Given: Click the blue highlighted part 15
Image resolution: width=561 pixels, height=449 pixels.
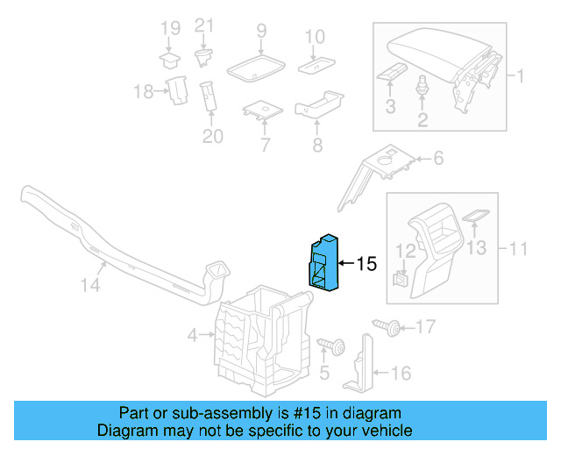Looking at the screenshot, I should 323,261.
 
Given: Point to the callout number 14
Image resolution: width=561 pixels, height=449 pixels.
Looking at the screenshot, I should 91,285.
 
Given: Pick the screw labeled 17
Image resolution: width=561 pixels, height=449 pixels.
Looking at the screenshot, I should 388,328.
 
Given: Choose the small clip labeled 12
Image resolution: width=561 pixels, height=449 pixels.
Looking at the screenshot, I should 401,280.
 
